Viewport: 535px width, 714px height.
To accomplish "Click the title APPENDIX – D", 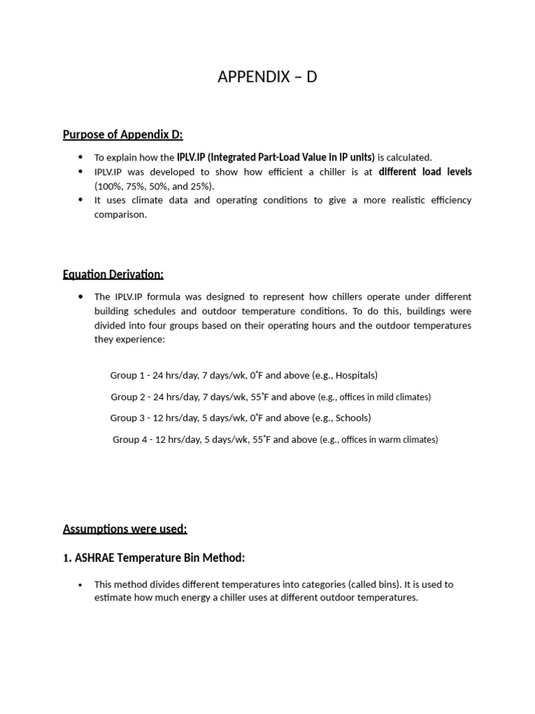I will (x=267, y=77).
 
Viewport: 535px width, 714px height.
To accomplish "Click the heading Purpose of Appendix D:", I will (x=123, y=135).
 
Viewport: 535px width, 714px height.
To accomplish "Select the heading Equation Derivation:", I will (x=113, y=274).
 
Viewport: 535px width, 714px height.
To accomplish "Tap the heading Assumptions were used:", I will (x=125, y=529).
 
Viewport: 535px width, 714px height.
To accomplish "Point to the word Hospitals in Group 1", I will (x=355, y=375).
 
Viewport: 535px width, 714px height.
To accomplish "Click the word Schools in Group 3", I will (x=351, y=418).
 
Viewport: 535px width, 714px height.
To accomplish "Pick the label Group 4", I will (x=129, y=439).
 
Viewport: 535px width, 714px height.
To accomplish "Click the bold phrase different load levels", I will (x=425, y=172).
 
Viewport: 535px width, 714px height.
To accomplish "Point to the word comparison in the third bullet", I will (x=121, y=215).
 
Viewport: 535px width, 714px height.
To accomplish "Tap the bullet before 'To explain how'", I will (x=81, y=157).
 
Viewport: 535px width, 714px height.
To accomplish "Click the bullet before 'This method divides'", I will (x=81, y=584).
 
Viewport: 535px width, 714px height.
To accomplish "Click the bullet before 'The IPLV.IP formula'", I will (x=81, y=296).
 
